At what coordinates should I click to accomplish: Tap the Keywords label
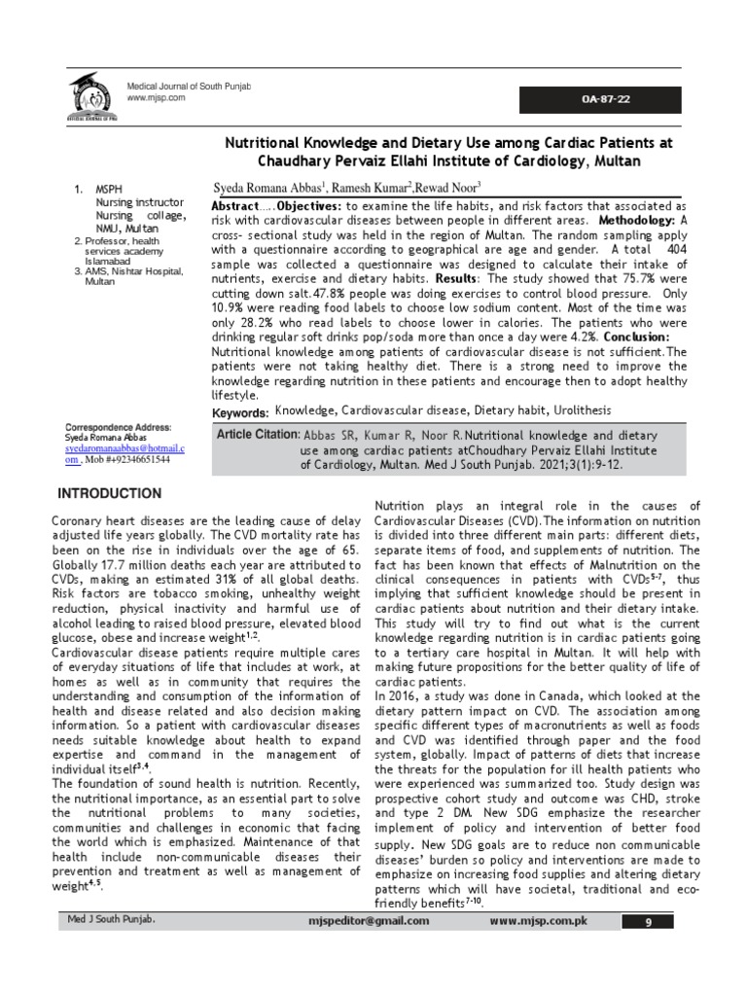coord(240,414)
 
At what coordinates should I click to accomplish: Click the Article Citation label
coord(257,434)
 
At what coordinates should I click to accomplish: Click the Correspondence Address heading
coord(118,427)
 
